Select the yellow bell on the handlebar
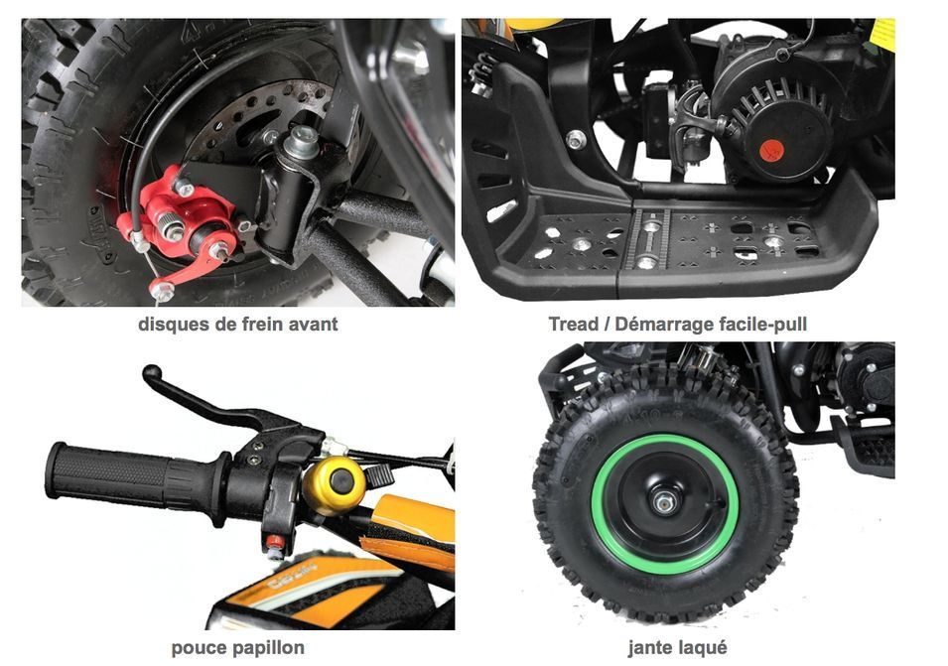point(335,484)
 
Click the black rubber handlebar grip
point(130,477)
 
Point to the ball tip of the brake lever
point(152,372)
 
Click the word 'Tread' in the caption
point(573,325)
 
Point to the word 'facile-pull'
point(763,325)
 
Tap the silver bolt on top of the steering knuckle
point(301,140)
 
